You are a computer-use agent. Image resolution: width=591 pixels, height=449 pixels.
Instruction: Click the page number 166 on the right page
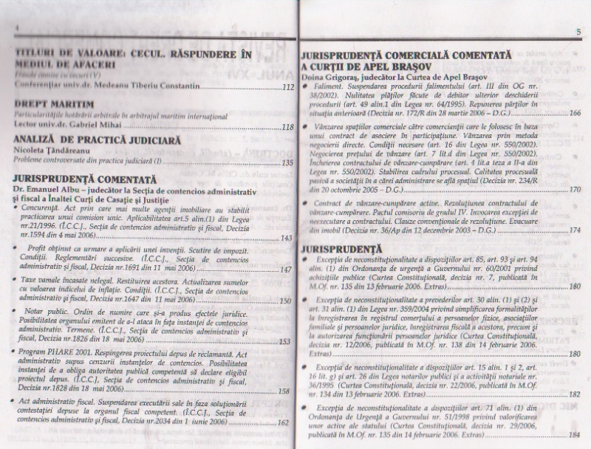pos(575,112)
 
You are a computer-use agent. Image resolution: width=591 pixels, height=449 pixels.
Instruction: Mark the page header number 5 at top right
pos(578,30)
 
